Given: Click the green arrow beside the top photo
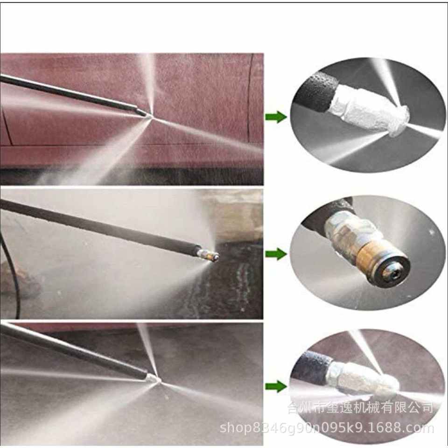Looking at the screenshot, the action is [x=276, y=117].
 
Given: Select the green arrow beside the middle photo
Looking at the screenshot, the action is [x=276, y=254].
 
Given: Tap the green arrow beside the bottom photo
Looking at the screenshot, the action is [x=276, y=386].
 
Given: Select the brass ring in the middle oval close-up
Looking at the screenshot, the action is [x=369, y=258].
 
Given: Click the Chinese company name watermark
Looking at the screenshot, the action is [x=360, y=407].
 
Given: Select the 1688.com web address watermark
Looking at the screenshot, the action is [x=327, y=428].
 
